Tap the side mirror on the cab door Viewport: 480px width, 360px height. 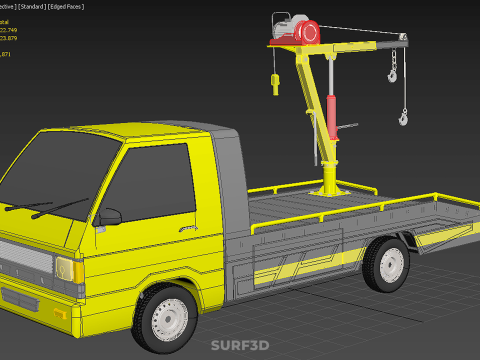pyautogui.click(x=109, y=217)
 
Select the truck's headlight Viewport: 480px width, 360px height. pyautogui.click(x=64, y=269)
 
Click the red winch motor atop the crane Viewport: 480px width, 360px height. pyautogui.click(x=299, y=31)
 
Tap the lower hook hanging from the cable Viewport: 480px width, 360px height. pyautogui.click(x=403, y=117)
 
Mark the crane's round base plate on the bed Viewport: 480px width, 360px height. pyautogui.click(x=329, y=188)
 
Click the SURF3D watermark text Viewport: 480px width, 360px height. pyautogui.click(x=239, y=346)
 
